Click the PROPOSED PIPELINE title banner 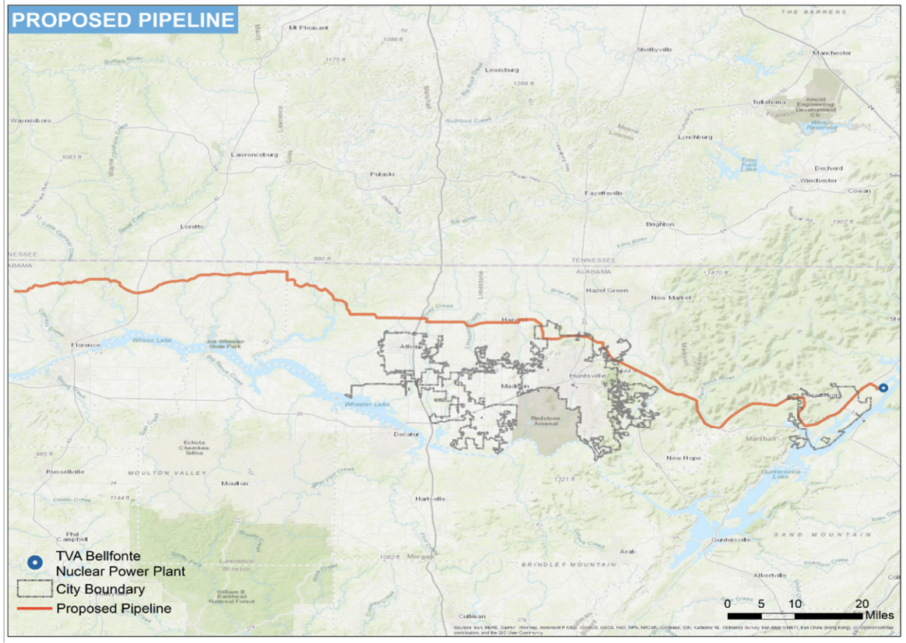click(x=123, y=19)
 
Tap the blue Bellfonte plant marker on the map click(x=883, y=388)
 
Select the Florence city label click(x=85, y=345)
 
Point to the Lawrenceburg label click(x=254, y=155)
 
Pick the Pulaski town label click(x=382, y=174)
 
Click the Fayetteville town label click(x=604, y=192)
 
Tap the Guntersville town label click(x=730, y=539)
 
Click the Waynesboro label click(x=30, y=121)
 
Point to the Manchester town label click(x=831, y=53)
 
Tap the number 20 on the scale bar click(x=862, y=603)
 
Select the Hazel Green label click(x=606, y=290)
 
